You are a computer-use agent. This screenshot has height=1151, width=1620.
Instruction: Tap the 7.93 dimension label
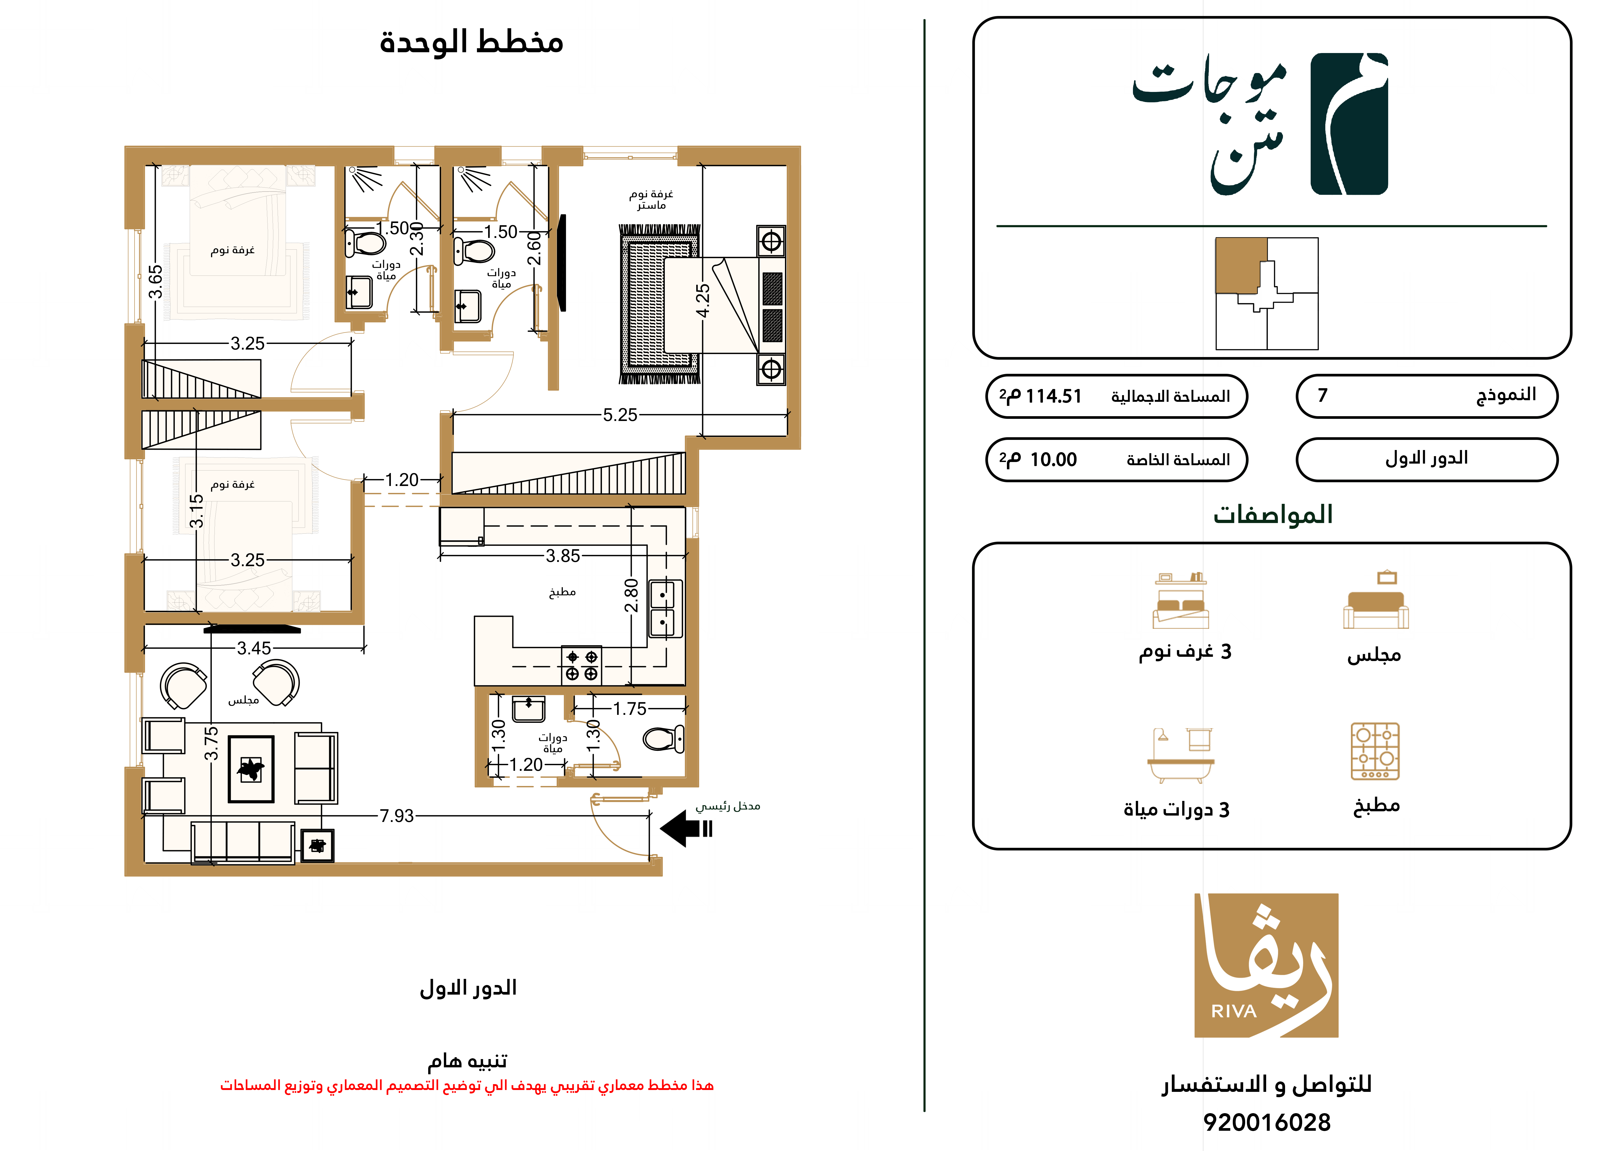coord(397,816)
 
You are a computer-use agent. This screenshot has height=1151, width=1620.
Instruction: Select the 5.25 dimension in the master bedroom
coord(620,415)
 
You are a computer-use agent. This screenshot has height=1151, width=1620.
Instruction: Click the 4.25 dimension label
coord(702,301)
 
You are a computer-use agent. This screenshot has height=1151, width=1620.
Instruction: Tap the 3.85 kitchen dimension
coord(563,556)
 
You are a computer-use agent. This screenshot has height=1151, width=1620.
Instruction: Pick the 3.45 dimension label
coord(254,648)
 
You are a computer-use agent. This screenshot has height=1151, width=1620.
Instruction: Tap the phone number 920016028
coord(1267,1122)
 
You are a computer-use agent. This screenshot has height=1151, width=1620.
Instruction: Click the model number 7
coord(1322,395)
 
